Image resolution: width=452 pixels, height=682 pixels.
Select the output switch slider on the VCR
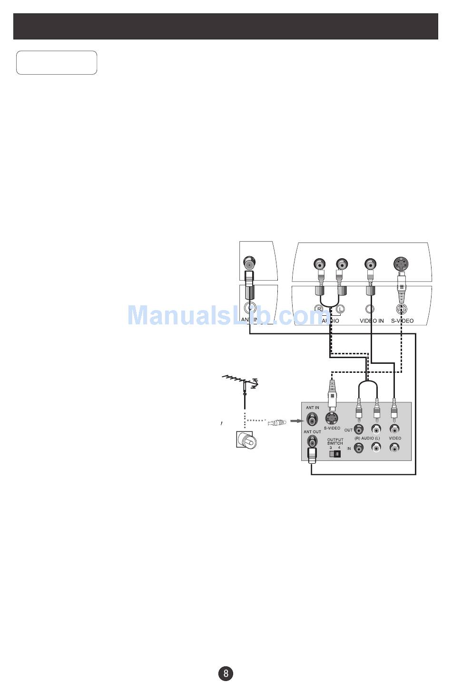pyautogui.click(x=335, y=454)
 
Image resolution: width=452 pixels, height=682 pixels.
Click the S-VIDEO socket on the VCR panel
pyautogui.click(x=332, y=418)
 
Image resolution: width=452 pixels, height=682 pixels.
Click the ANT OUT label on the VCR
pyautogui.click(x=313, y=432)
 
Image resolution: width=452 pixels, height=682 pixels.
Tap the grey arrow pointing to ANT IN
pyautogui.click(x=297, y=420)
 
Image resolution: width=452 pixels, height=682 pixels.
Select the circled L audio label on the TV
pyautogui.click(x=340, y=309)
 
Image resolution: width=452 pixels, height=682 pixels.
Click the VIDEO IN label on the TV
pyautogui.click(x=371, y=321)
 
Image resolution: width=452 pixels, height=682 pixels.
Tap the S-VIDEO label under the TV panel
pyautogui.click(x=402, y=321)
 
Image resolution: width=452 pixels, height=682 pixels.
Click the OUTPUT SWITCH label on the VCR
pyautogui.click(x=335, y=442)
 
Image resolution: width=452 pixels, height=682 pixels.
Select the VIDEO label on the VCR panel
pyautogui.click(x=395, y=438)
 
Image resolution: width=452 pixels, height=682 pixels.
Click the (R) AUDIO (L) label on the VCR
pyautogui.click(x=367, y=438)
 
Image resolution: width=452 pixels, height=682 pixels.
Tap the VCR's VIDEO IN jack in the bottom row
pyautogui.click(x=394, y=448)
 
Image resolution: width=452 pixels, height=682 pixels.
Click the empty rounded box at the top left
pyautogui.click(x=57, y=63)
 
